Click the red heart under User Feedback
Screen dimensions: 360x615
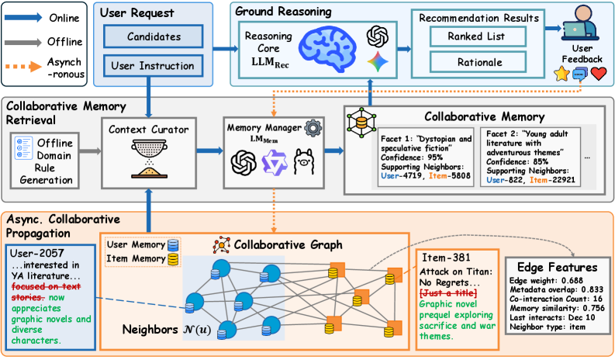pos(597,74)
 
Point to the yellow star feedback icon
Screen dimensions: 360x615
pos(561,74)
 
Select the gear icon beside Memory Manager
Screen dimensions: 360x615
pos(313,127)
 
